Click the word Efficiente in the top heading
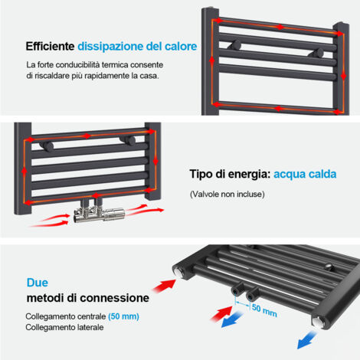tap(50, 47)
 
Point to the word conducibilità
tap(77, 65)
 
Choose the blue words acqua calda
tap(305, 174)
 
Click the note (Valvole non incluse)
tap(227, 195)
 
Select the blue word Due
tap(38, 283)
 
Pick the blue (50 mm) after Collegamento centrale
tap(123, 316)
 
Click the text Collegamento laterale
tap(64, 327)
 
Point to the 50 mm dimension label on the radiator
tap(264, 310)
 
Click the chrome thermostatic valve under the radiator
tap(99, 214)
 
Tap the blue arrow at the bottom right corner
tap(306, 340)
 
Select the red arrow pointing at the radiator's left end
tap(165, 286)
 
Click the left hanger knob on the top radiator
tap(235, 45)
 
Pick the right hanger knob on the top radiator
tap(317, 53)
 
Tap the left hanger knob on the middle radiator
tap(47, 147)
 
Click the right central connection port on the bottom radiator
tap(252, 294)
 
